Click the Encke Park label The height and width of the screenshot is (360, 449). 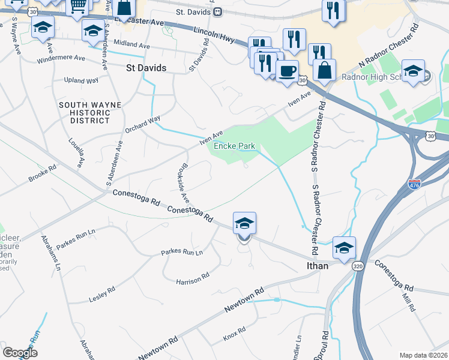point(231,145)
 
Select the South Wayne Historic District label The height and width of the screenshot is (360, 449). point(90,113)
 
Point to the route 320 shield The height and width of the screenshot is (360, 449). point(358,265)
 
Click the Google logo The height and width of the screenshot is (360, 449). point(20,353)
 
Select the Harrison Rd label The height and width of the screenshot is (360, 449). point(192,277)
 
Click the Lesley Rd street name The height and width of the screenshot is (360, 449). point(101,294)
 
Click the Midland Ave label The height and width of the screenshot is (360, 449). point(131,44)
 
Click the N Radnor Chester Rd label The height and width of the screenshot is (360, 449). point(387,47)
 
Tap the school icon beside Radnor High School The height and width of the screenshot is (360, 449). point(413,71)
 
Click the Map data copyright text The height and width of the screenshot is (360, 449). point(423,355)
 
